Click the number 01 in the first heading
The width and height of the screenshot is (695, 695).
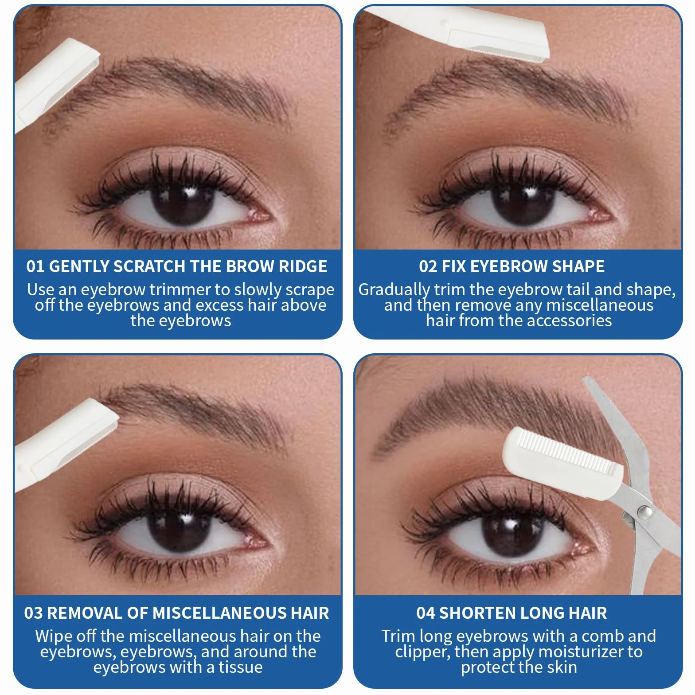pyautogui.click(x=35, y=266)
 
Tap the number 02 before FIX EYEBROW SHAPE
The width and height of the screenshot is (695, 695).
pyautogui.click(x=428, y=266)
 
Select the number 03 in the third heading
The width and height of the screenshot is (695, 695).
pyautogui.click(x=33, y=613)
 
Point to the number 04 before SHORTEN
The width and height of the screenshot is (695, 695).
pyautogui.click(x=426, y=613)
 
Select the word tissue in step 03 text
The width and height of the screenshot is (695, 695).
pyautogui.click(x=240, y=668)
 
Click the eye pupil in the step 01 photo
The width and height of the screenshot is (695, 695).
pyautogui.click(x=183, y=201)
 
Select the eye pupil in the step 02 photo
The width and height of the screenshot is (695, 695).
pyautogui.click(x=523, y=201)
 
